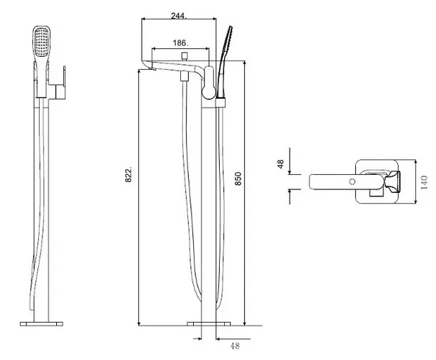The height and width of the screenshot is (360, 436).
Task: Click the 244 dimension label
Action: click(x=179, y=16)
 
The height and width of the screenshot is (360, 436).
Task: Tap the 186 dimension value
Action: click(x=180, y=43)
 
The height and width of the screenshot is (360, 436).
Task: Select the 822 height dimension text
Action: click(x=128, y=175)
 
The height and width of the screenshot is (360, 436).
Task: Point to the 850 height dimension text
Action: click(x=239, y=179)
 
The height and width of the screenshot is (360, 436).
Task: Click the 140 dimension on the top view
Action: click(x=424, y=182)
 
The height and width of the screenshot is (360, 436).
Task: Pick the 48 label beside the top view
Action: click(x=280, y=164)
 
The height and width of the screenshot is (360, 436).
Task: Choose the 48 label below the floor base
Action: click(x=235, y=346)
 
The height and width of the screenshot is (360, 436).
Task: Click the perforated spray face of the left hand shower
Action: click(x=42, y=42)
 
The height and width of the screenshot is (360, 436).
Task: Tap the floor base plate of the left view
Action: click(x=41, y=324)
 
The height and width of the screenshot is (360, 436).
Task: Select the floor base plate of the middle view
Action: click(x=208, y=324)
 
